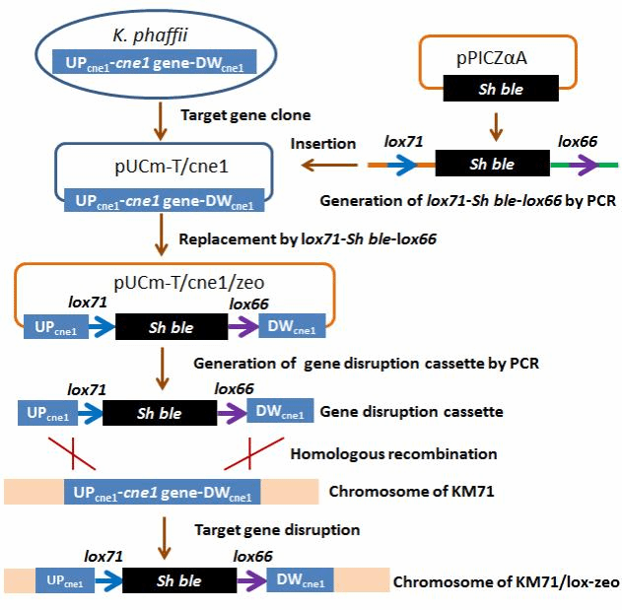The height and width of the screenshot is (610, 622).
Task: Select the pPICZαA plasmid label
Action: (492, 58)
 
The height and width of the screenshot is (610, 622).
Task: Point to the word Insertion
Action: (322, 144)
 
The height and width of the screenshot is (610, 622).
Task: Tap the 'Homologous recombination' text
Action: (392, 454)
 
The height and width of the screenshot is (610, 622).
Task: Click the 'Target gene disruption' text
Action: (276, 529)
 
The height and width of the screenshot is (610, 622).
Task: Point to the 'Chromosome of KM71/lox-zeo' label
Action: (506, 581)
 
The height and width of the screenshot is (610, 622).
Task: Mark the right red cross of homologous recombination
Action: (249, 453)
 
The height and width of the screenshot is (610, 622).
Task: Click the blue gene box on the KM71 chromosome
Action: (162, 491)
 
